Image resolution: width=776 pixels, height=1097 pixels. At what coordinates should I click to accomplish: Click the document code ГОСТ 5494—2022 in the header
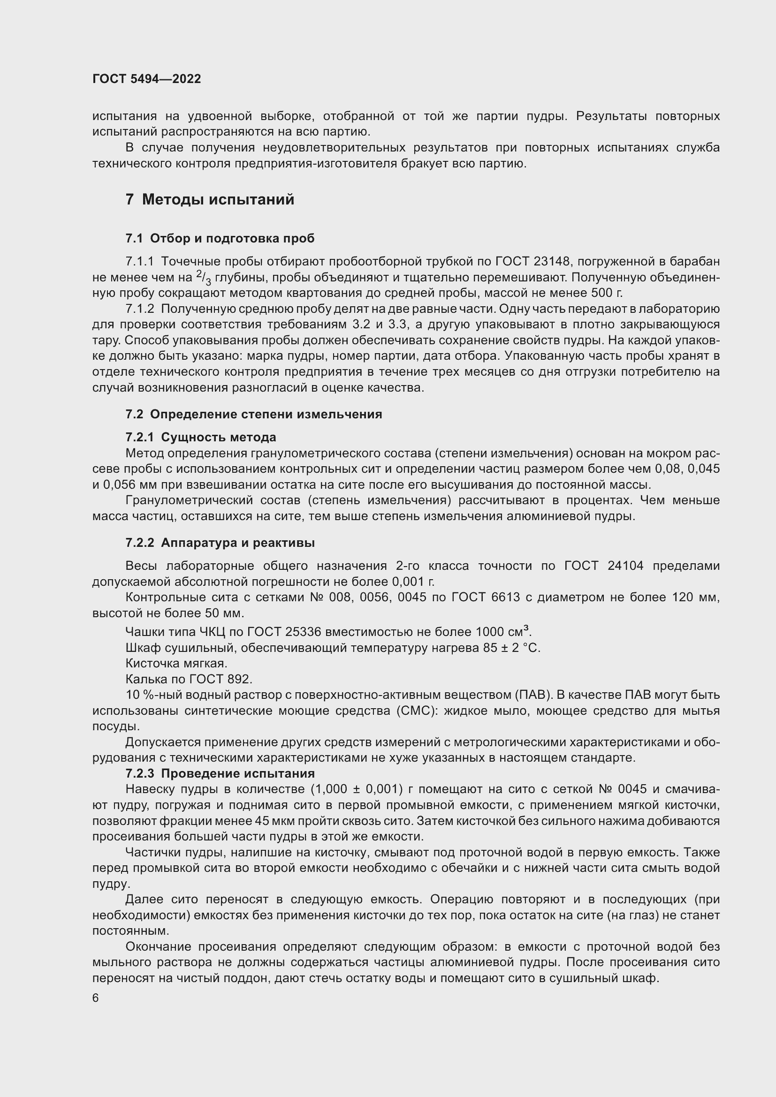(146, 79)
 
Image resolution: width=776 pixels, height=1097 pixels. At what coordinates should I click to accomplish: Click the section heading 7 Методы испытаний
(210, 199)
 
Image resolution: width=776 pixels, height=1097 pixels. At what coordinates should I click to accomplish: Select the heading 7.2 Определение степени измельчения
(254, 414)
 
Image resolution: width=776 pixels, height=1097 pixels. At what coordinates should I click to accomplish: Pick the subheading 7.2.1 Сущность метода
(201, 437)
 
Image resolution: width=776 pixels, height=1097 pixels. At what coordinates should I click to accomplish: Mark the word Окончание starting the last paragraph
(158, 946)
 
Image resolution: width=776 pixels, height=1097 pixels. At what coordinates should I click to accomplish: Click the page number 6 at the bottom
(96, 998)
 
